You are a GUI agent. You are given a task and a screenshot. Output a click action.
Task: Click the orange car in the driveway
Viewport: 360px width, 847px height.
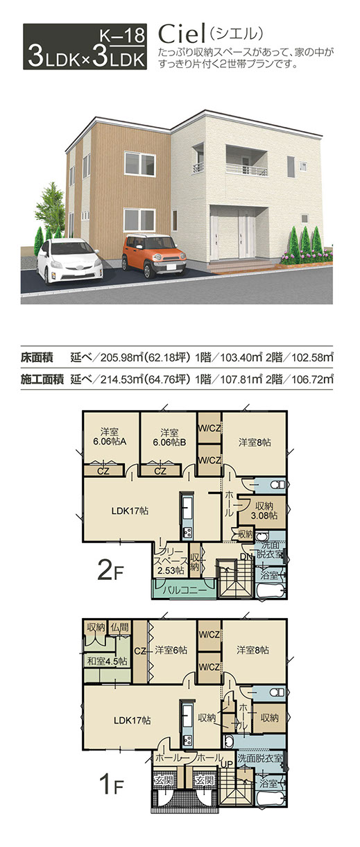[x=153, y=255]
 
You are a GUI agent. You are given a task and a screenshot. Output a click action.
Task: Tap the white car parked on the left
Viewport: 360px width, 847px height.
[x=69, y=260]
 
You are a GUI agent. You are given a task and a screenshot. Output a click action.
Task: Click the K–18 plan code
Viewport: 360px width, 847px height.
[x=123, y=35]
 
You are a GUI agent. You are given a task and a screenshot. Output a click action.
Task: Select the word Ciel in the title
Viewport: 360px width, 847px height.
[x=181, y=35]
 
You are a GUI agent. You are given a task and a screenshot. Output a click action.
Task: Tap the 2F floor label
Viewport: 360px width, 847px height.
[x=110, y=571]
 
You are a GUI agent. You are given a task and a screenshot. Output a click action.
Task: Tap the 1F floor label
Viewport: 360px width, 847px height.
[x=111, y=785]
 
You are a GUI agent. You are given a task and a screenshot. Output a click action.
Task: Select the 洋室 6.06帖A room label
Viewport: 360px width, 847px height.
[x=110, y=437]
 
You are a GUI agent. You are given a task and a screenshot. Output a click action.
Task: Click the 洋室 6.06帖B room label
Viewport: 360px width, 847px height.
[x=169, y=437]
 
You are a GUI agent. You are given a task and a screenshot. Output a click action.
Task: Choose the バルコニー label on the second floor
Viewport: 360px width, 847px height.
[x=185, y=590]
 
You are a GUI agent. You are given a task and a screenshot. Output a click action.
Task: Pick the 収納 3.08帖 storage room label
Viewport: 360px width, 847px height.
[x=264, y=511]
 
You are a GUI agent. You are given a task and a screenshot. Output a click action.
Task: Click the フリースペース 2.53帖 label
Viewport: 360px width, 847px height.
[x=171, y=561]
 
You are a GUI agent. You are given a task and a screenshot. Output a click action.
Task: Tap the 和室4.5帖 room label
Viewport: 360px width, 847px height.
[x=108, y=661]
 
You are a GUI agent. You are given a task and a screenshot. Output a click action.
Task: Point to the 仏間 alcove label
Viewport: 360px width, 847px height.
[x=119, y=628]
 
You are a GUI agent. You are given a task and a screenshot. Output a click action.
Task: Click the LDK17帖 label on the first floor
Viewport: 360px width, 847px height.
[x=132, y=720]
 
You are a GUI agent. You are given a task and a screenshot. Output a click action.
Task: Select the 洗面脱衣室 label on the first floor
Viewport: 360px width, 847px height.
[x=260, y=758]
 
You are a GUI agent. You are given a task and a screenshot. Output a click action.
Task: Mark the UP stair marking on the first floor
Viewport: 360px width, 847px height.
[x=228, y=764]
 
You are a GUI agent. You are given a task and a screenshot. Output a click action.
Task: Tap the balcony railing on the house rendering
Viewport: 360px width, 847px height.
[x=247, y=169]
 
